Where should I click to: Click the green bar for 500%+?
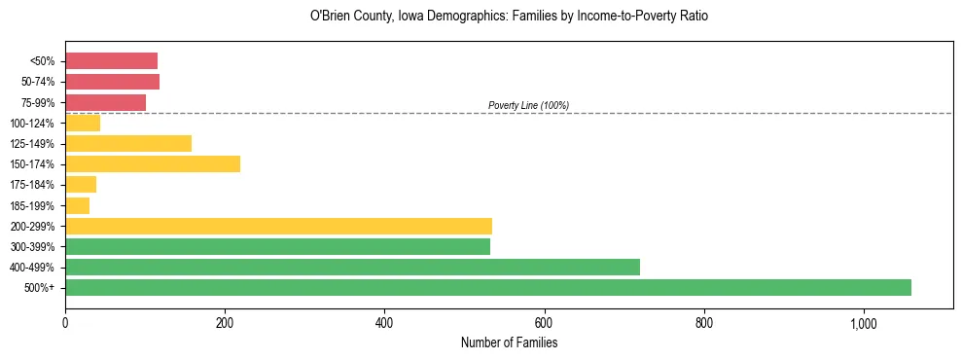[487, 287]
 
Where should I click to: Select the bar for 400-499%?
[352, 267]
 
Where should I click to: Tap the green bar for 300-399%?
[277, 246]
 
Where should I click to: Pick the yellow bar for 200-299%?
[278, 226]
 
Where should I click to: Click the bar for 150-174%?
[153, 163]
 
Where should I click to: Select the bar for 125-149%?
[128, 143]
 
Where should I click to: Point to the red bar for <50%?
[111, 61]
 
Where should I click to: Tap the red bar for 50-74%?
[112, 82]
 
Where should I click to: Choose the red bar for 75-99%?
[105, 102]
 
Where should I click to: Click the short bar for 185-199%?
[77, 205]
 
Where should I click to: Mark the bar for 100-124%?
[83, 123]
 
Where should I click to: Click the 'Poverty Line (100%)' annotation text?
[528, 105]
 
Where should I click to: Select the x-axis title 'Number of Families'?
[509, 343]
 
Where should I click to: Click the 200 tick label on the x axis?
[225, 324]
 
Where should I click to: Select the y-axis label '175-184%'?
[33, 185]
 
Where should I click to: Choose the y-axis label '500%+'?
[40, 288]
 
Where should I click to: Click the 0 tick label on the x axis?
[65, 324]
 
